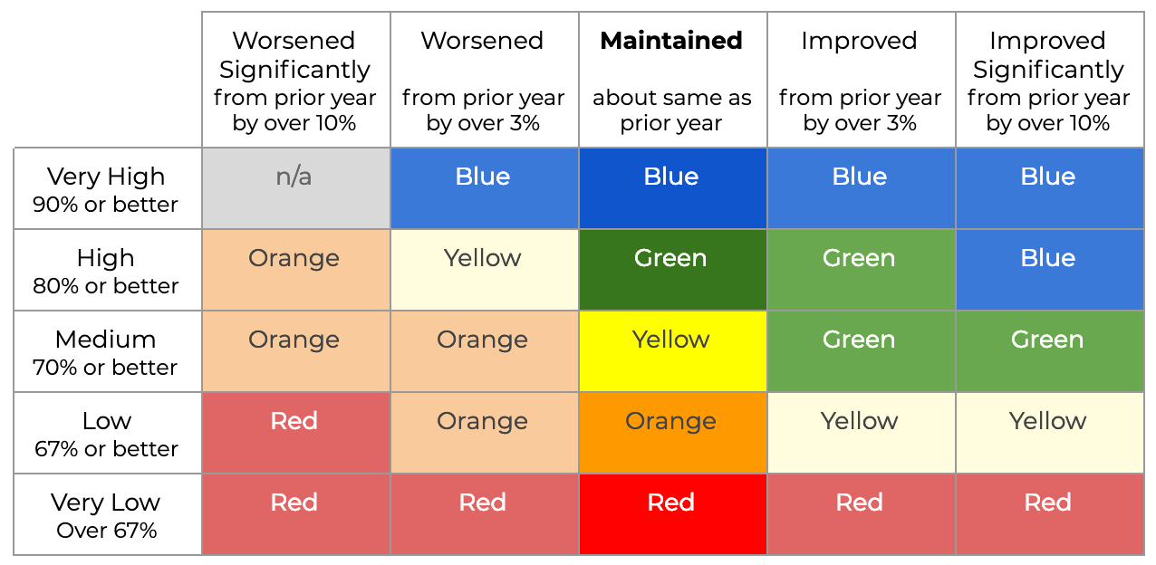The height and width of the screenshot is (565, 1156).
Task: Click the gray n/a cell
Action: pos(295,188)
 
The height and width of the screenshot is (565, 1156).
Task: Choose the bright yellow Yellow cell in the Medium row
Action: pos(673,351)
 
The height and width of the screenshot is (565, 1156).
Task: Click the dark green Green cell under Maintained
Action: pos(673,270)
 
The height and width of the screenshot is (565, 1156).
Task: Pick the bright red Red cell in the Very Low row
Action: pos(673,514)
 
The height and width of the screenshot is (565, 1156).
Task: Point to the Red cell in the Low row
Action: pos(295,433)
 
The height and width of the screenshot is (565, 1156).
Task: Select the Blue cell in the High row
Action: pos(1050,270)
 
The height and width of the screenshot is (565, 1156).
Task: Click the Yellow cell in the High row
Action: pos(484,270)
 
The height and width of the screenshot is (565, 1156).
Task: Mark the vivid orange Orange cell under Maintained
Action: pos(673,433)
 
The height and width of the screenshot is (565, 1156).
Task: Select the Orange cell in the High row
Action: pos(295,270)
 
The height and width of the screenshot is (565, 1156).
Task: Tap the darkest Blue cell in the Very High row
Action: pos(673,188)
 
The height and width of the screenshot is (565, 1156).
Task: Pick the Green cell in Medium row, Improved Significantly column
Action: pos(1050,351)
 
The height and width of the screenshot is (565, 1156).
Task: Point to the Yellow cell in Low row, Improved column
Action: pos(862,433)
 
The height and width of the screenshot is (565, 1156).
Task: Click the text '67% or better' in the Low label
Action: pos(106,449)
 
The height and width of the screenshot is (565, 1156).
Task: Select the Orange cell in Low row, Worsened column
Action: pos(484,433)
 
